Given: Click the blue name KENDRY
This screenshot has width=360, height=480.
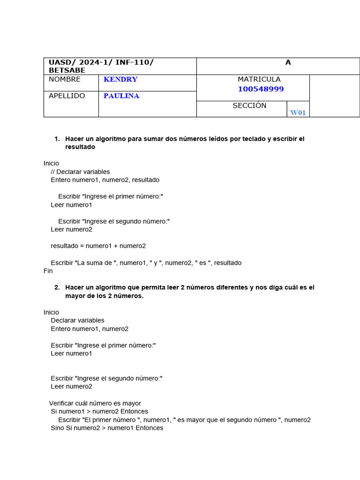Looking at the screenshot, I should (120, 79).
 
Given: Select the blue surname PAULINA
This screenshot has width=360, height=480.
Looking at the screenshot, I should (121, 96).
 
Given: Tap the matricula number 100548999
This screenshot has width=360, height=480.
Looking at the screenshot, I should (261, 89).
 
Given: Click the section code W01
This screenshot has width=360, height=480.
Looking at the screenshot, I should (298, 112).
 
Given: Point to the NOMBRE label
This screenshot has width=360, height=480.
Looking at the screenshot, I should (65, 79).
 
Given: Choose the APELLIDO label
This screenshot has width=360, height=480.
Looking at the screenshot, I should (67, 96).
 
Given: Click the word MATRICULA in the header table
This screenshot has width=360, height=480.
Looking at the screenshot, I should (259, 79).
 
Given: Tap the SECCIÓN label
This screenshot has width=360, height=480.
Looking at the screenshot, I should (249, 105).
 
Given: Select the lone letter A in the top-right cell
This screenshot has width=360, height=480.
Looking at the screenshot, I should (288, 62).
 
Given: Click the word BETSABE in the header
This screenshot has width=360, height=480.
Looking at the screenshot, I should (67, 70).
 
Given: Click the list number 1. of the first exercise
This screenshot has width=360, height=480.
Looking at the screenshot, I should (57, 139).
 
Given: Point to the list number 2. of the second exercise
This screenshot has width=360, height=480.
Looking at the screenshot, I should (57, 287).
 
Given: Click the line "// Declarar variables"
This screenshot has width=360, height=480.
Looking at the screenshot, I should (80, 172).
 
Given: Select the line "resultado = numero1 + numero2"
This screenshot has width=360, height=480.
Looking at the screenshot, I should (98, 246).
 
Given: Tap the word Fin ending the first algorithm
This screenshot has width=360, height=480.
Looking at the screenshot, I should (48, 270).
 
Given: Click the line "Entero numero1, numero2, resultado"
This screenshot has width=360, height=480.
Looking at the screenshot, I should (105, 180).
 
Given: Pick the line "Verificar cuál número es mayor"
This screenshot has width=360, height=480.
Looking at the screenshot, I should (95, 403).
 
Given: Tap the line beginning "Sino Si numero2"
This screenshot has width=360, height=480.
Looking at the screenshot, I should (107, 428).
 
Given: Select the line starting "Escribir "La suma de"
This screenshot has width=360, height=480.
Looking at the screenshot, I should (146, 262).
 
